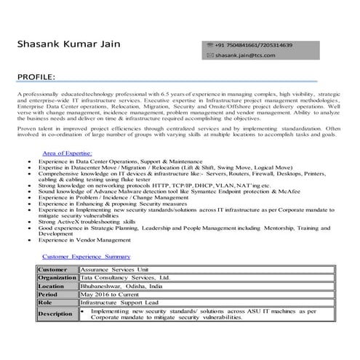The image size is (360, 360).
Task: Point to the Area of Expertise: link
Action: (67, 153)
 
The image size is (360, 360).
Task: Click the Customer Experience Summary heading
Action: (86, 257)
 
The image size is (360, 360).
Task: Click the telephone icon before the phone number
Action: (209, 45)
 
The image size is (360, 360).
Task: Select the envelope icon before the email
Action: (209, 55)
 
